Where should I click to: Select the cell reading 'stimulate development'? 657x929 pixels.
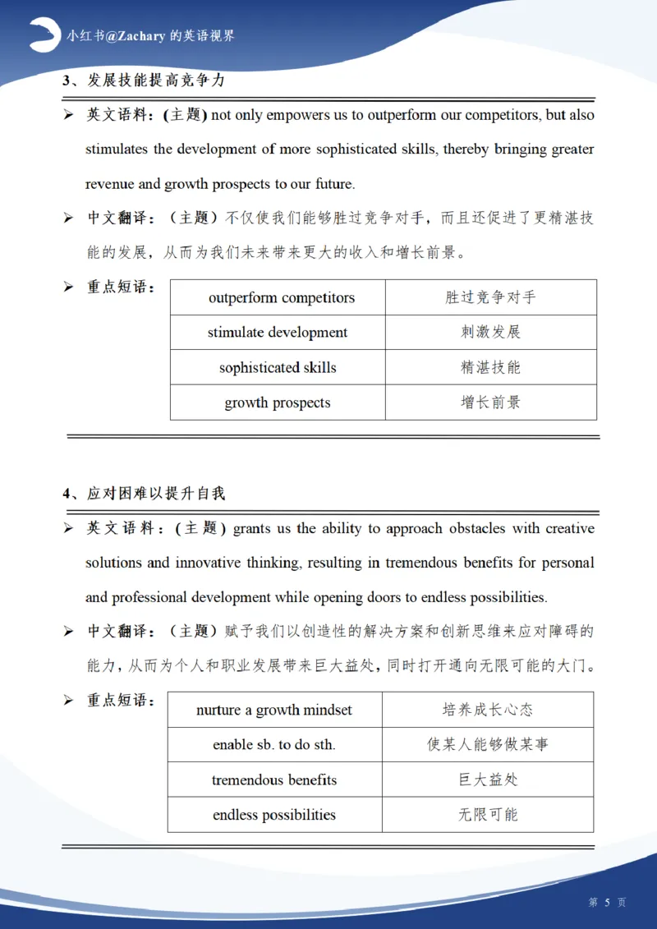coord(278,333)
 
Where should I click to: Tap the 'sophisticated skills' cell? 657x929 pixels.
coord(278,368)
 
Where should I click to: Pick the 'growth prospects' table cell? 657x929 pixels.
coord(278,403)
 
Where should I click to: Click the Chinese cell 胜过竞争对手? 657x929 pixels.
coord(490,297)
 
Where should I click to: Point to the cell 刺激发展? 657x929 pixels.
coord(490,333)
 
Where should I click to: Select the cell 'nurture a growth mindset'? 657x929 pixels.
coord(274,710)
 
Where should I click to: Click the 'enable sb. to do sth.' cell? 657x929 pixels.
coord(274,745)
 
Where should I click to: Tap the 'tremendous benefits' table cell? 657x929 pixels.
coord(274,780)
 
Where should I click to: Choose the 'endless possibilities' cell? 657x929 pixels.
coord(274,816)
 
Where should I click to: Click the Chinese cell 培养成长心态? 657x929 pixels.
coord(488,710)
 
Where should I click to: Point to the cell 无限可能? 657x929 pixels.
coord(488,816)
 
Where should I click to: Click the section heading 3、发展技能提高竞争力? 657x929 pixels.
coord(144,81)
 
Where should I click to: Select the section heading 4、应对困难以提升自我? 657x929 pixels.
coord(144,494)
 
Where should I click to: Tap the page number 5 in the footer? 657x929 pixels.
coord(608,902)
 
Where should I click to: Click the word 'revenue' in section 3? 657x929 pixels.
coord(110,184)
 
